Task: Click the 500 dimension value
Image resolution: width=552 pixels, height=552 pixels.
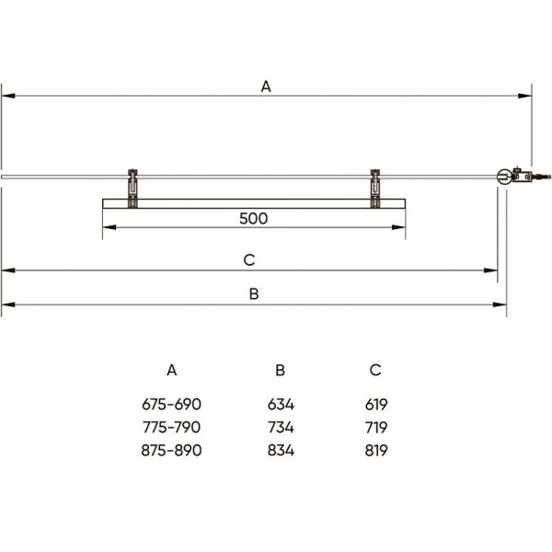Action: pos(254,219)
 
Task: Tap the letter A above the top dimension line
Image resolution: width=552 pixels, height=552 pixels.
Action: pos(266,86)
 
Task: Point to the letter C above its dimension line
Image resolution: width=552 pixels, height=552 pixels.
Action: pos(249,260)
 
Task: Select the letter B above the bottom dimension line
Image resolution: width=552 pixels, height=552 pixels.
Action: pos(254,294)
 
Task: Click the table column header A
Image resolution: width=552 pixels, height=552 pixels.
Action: pos(172,370)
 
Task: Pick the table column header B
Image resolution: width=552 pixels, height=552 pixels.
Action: pos(281,370)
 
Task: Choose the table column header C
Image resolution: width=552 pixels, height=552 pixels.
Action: pos(375,370)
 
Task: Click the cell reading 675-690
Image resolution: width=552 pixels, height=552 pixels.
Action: pos(171,404)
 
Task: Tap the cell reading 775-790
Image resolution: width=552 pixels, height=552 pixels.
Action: pos(171,428)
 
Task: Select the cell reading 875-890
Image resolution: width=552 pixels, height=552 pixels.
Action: pos(171,450)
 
